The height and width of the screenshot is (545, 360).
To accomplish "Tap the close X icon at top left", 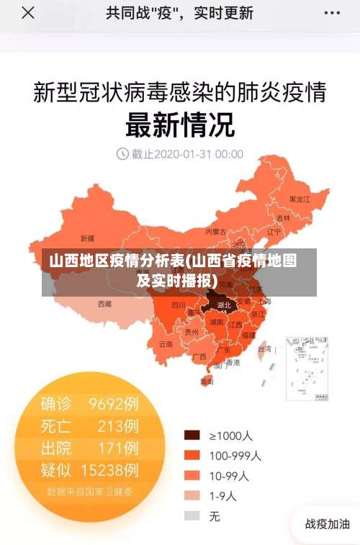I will pos(27,13).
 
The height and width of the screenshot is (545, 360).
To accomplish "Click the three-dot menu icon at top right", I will pos(331,13).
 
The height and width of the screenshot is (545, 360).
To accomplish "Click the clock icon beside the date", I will pos(122,153).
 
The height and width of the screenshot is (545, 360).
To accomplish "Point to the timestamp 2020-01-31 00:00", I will pos(187,153).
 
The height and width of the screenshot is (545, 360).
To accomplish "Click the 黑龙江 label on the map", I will pos(299,199).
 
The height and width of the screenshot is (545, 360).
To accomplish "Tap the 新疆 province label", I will pos(87,238).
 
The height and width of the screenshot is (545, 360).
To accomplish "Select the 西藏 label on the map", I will pos(105,304).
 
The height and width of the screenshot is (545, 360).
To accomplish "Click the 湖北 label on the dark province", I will pos(223,305).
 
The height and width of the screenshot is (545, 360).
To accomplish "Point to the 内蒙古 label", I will pos(215,232).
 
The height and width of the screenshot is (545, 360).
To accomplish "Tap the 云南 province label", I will pos(166,344).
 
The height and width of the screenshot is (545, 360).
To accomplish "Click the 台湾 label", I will pos(264,348).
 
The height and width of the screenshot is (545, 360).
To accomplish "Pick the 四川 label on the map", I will pos(178,305).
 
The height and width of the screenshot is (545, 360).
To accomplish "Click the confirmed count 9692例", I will pos(114,403).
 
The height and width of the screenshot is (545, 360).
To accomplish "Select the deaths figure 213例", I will pos(118,425).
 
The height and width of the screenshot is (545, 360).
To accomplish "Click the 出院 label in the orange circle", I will pos(56,448).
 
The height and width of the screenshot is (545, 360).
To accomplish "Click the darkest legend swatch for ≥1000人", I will pos(192,436).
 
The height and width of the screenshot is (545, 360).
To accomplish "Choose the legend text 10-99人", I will pos(229,475).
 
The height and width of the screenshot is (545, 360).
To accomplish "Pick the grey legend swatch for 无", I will pos(192,515).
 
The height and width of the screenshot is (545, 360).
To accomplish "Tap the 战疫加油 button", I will pos(327,524).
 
